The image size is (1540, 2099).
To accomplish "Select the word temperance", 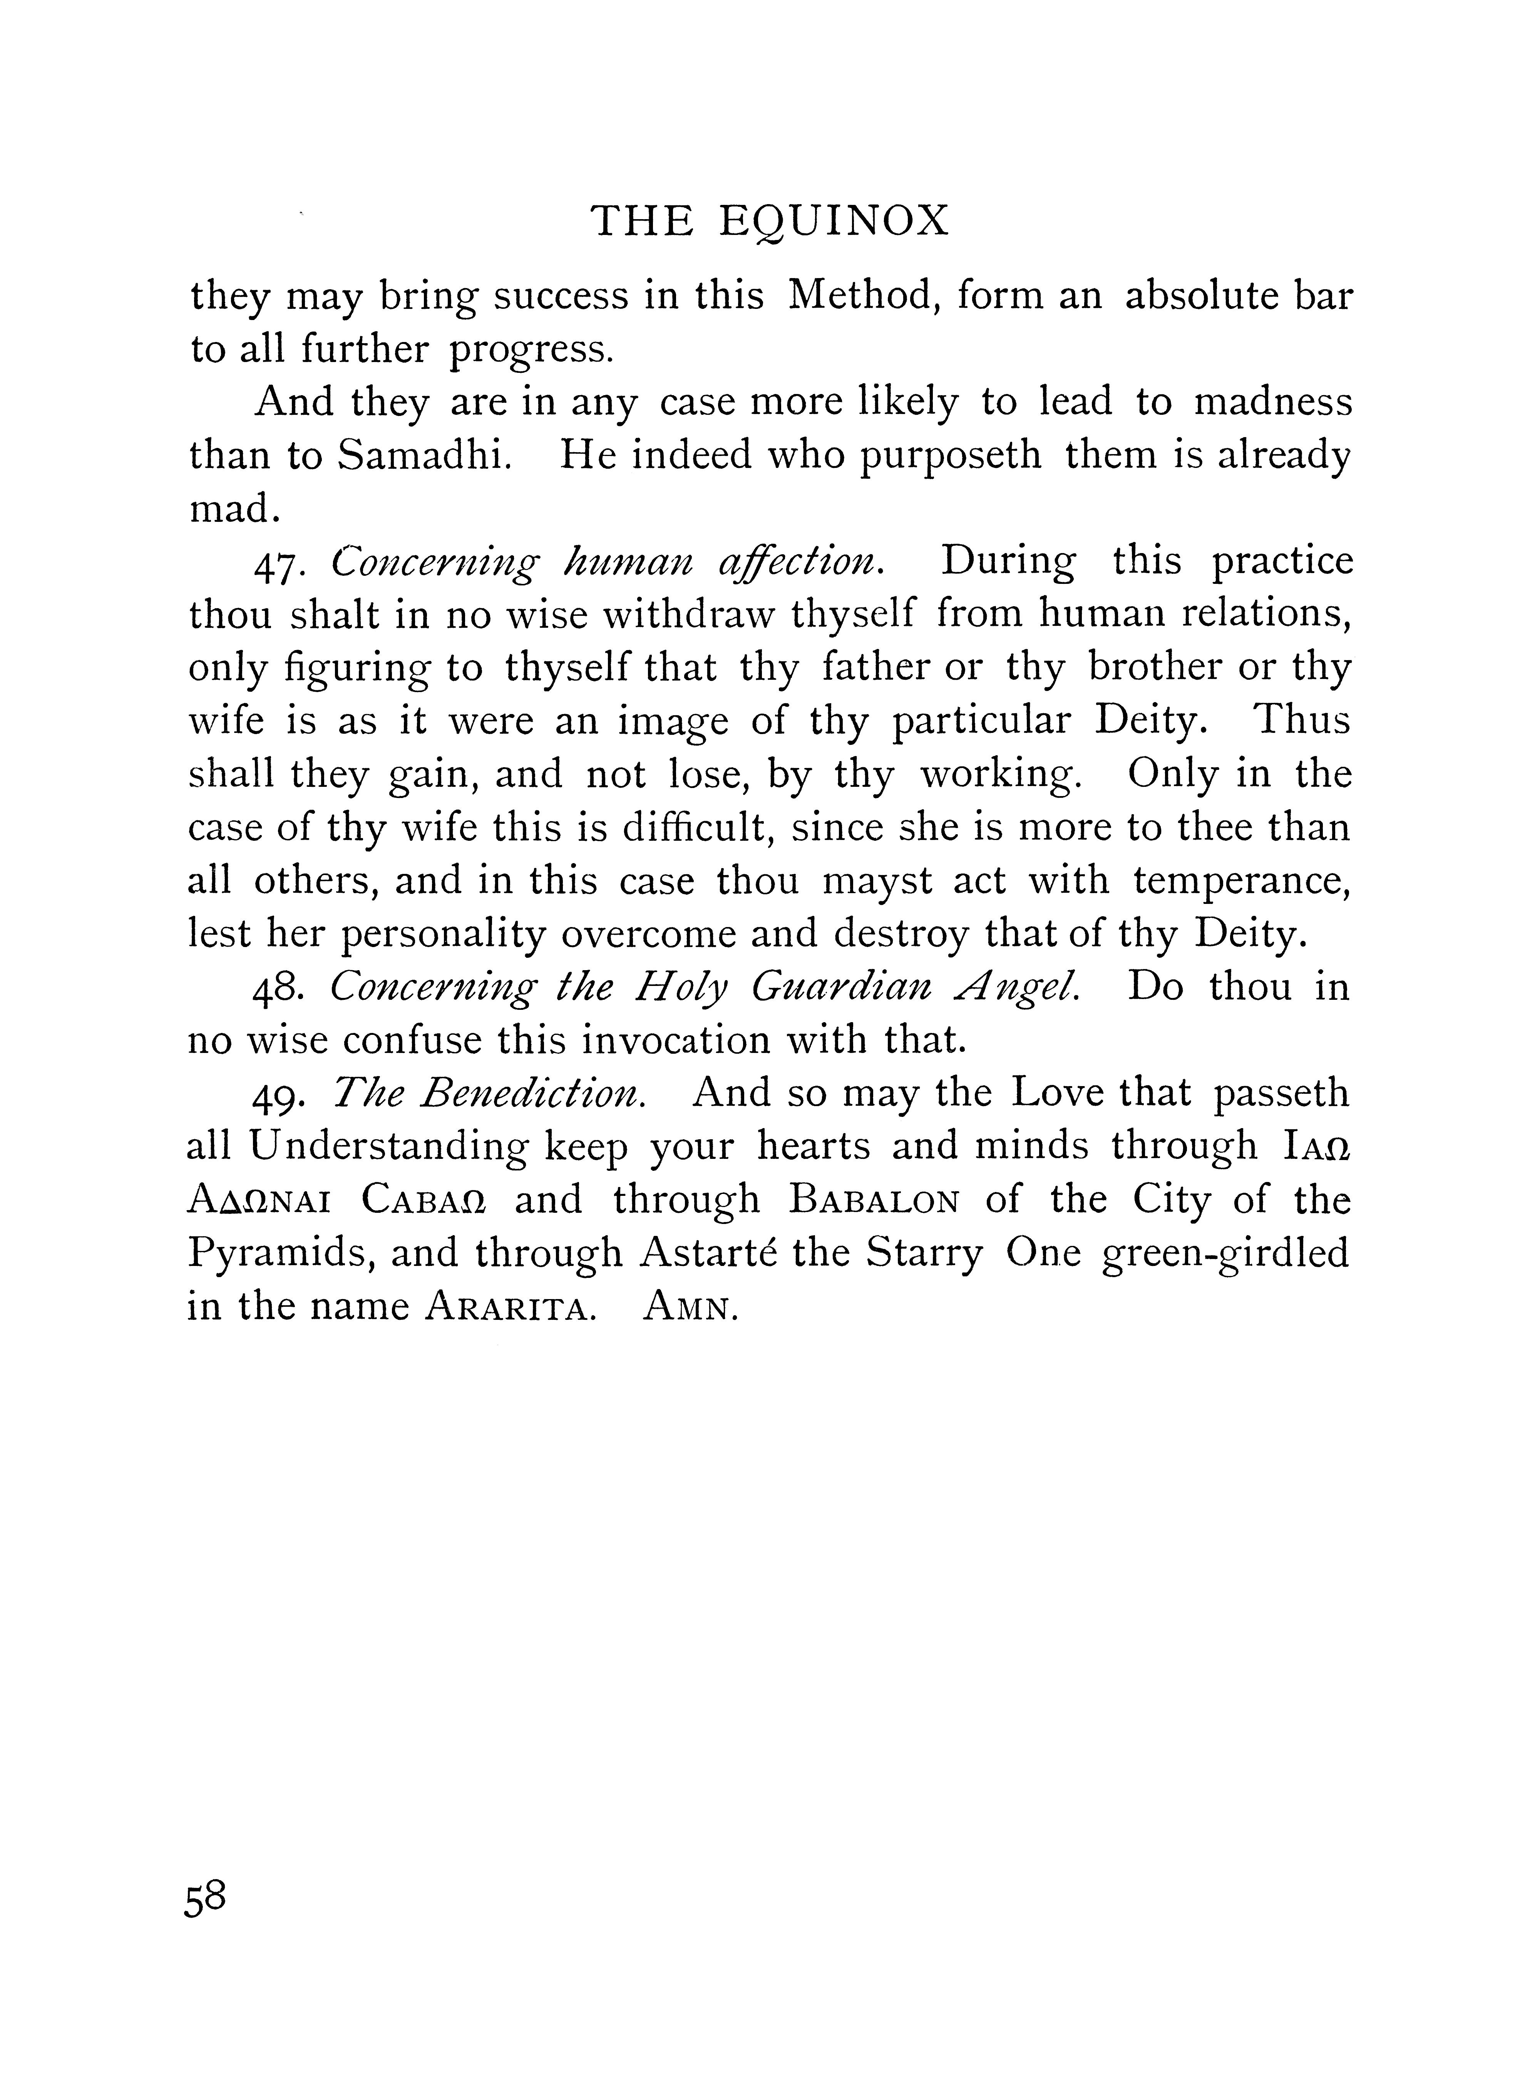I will [1242, 881].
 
